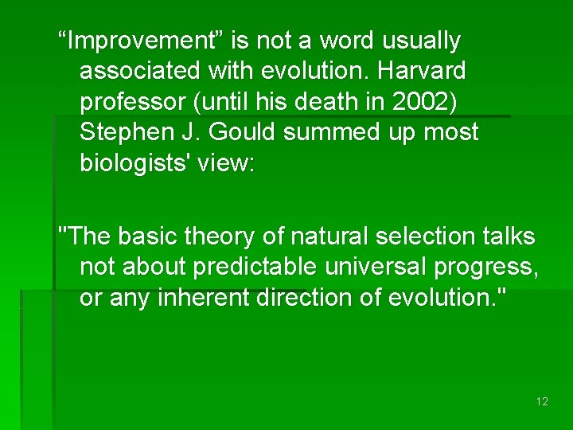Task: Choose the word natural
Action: click(323, 236)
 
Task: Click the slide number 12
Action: click(542, 401)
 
